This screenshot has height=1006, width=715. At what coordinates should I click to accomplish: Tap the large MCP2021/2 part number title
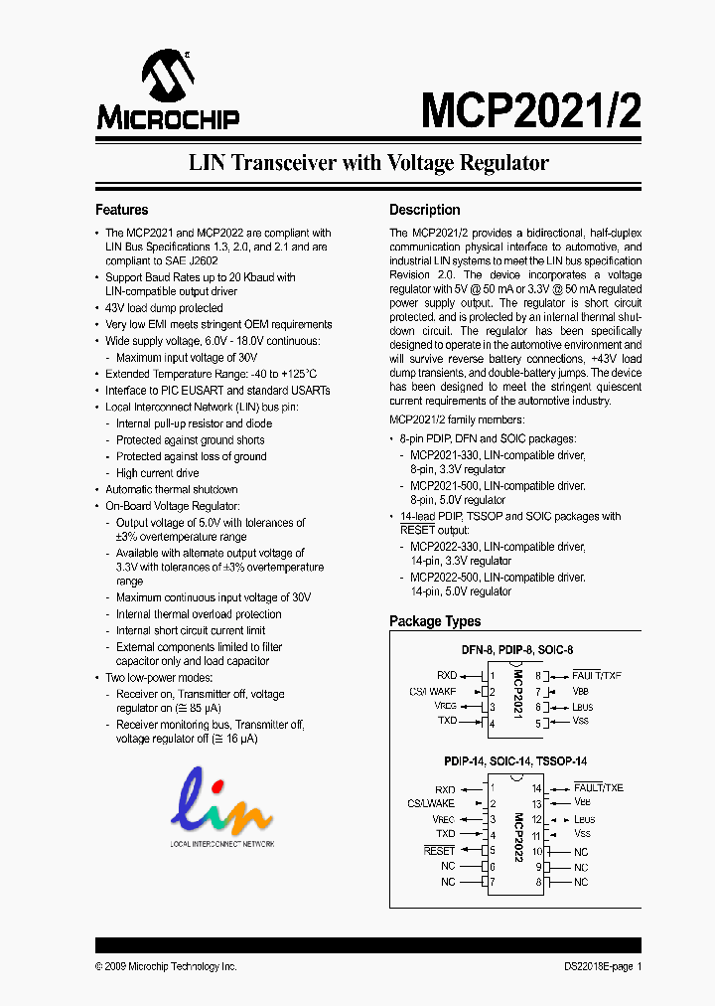click(x=530, y=110)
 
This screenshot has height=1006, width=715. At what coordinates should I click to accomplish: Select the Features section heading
click(x=121, y=210)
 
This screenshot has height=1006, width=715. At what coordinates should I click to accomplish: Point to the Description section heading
click(x=424, y=210)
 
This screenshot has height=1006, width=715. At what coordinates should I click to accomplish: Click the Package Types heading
click(x=435, y=621)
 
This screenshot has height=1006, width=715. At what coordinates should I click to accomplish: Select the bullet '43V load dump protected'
click(x=164, y=308)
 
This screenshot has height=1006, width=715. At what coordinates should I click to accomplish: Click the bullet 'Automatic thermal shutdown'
click(x=172, y=489)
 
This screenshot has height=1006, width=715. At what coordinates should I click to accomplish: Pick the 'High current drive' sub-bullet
click(x=157, y=473)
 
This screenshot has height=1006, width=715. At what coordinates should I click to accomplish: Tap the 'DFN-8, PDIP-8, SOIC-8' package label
click(x=516, y=650)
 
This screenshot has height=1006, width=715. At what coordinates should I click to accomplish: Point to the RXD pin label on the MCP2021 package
click(x=446, y=675)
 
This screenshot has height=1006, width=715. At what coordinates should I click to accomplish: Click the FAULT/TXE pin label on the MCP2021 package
click(x=597, y=675)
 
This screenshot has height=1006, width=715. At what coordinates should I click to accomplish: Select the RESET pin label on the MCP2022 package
click(x=439, y=851)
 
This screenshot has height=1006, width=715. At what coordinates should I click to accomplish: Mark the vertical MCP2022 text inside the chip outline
click(x=517, y=837)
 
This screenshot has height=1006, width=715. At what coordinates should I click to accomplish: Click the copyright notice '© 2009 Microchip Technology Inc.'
click(x=166, y=966)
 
